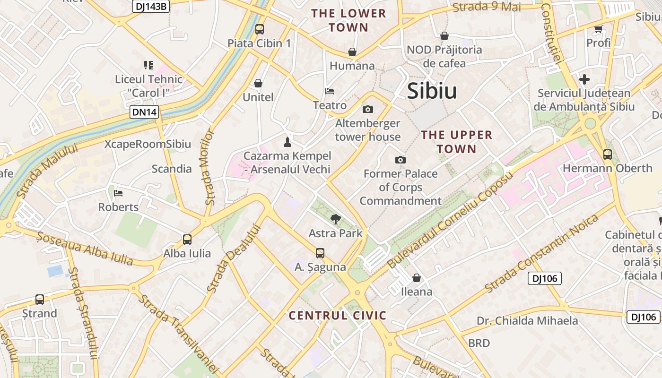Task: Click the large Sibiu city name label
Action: point(432,91)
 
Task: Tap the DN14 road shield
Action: point(144,112)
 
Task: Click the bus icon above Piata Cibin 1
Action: point(259,29)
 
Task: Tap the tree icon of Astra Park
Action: point(336,219)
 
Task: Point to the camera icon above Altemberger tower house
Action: point(367,110)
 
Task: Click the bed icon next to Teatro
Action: point(330,91)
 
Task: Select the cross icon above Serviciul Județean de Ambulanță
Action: point(584,79)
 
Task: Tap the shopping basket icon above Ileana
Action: point(417,277)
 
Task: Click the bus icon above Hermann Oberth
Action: point(607,154)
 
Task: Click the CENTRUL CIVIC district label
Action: point(338,316)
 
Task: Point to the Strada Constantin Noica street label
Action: point(541,253)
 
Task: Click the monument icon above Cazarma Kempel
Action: point(287,141)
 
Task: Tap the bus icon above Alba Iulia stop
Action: point(187,239)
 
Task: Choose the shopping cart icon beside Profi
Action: point(599,29)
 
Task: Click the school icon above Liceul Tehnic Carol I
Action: point(148,65)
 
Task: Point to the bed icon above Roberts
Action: point(118,193)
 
